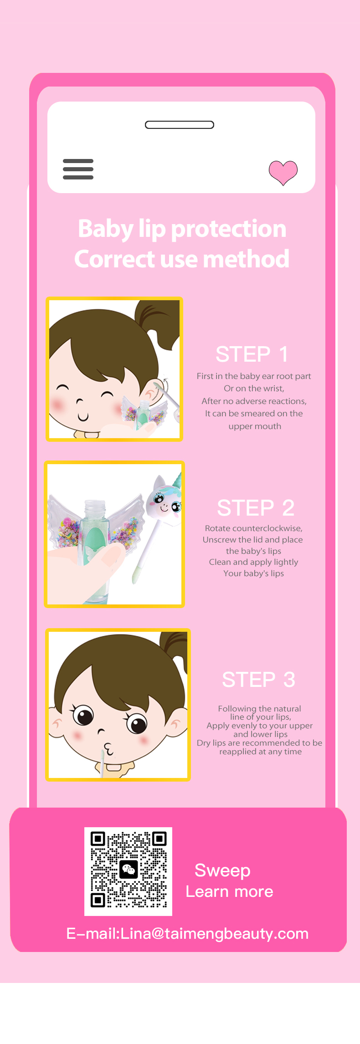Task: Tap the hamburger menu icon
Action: pyautogui.click(x=78, y=169)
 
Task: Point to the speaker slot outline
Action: pyautogui.click(x=180, y=125)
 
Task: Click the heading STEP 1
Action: pyautogui.click(x=252, y=354)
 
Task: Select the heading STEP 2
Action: pyautogui.click(x=256, y=508)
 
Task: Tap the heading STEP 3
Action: pyautogui.click(x=258, y=680)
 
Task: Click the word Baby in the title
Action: pyautogui.click(x=105, y=229)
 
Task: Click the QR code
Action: pyautogui.click(x=129, y=871)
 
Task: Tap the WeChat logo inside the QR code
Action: pyautogui.click(x=129, y=870)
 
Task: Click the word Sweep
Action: pyautogui.click(x=222, y=871)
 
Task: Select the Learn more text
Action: pyautogui.click(x=229, y=891)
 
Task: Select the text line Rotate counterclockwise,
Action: pyautogui.click(x=254, y=528)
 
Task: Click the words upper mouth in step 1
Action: pyautogui.click(x=255, y=426)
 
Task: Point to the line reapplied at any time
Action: pyautogui.click(x=260, y=752)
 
